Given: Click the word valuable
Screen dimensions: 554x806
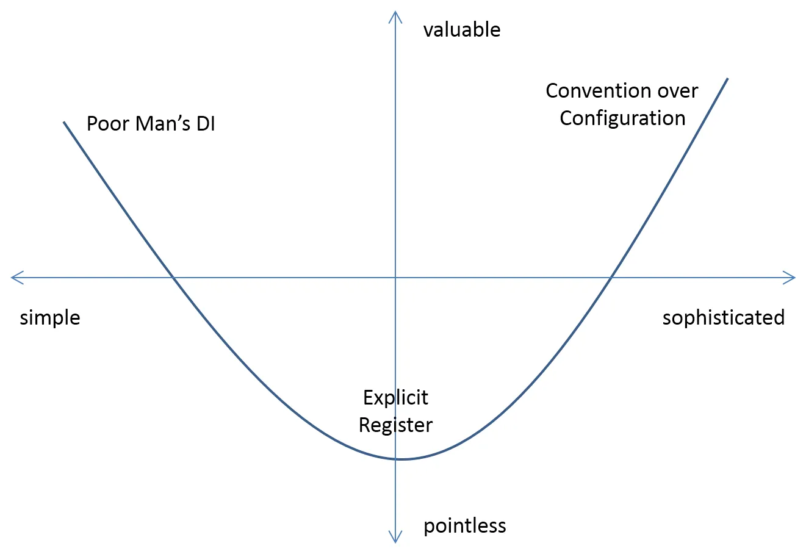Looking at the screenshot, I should tap(462, 30).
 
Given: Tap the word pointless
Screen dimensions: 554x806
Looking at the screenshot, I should tap(465, 526).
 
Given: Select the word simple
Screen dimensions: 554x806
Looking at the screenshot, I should tap(50, 318).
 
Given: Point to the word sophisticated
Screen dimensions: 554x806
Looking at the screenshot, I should tap(724, 318).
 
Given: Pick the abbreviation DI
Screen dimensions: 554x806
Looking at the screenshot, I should tap(206, 124).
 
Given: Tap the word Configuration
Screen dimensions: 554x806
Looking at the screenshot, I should tap(622, 118).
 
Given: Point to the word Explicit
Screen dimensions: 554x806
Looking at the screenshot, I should tap(395, 398).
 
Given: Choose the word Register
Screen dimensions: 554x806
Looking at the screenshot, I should tap(395, 425).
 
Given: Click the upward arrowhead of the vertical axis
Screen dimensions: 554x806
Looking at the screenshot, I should tap(395, 14).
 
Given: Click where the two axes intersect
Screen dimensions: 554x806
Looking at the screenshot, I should tap(395, 278).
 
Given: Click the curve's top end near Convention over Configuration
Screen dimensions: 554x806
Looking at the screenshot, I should tap(727, 79).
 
